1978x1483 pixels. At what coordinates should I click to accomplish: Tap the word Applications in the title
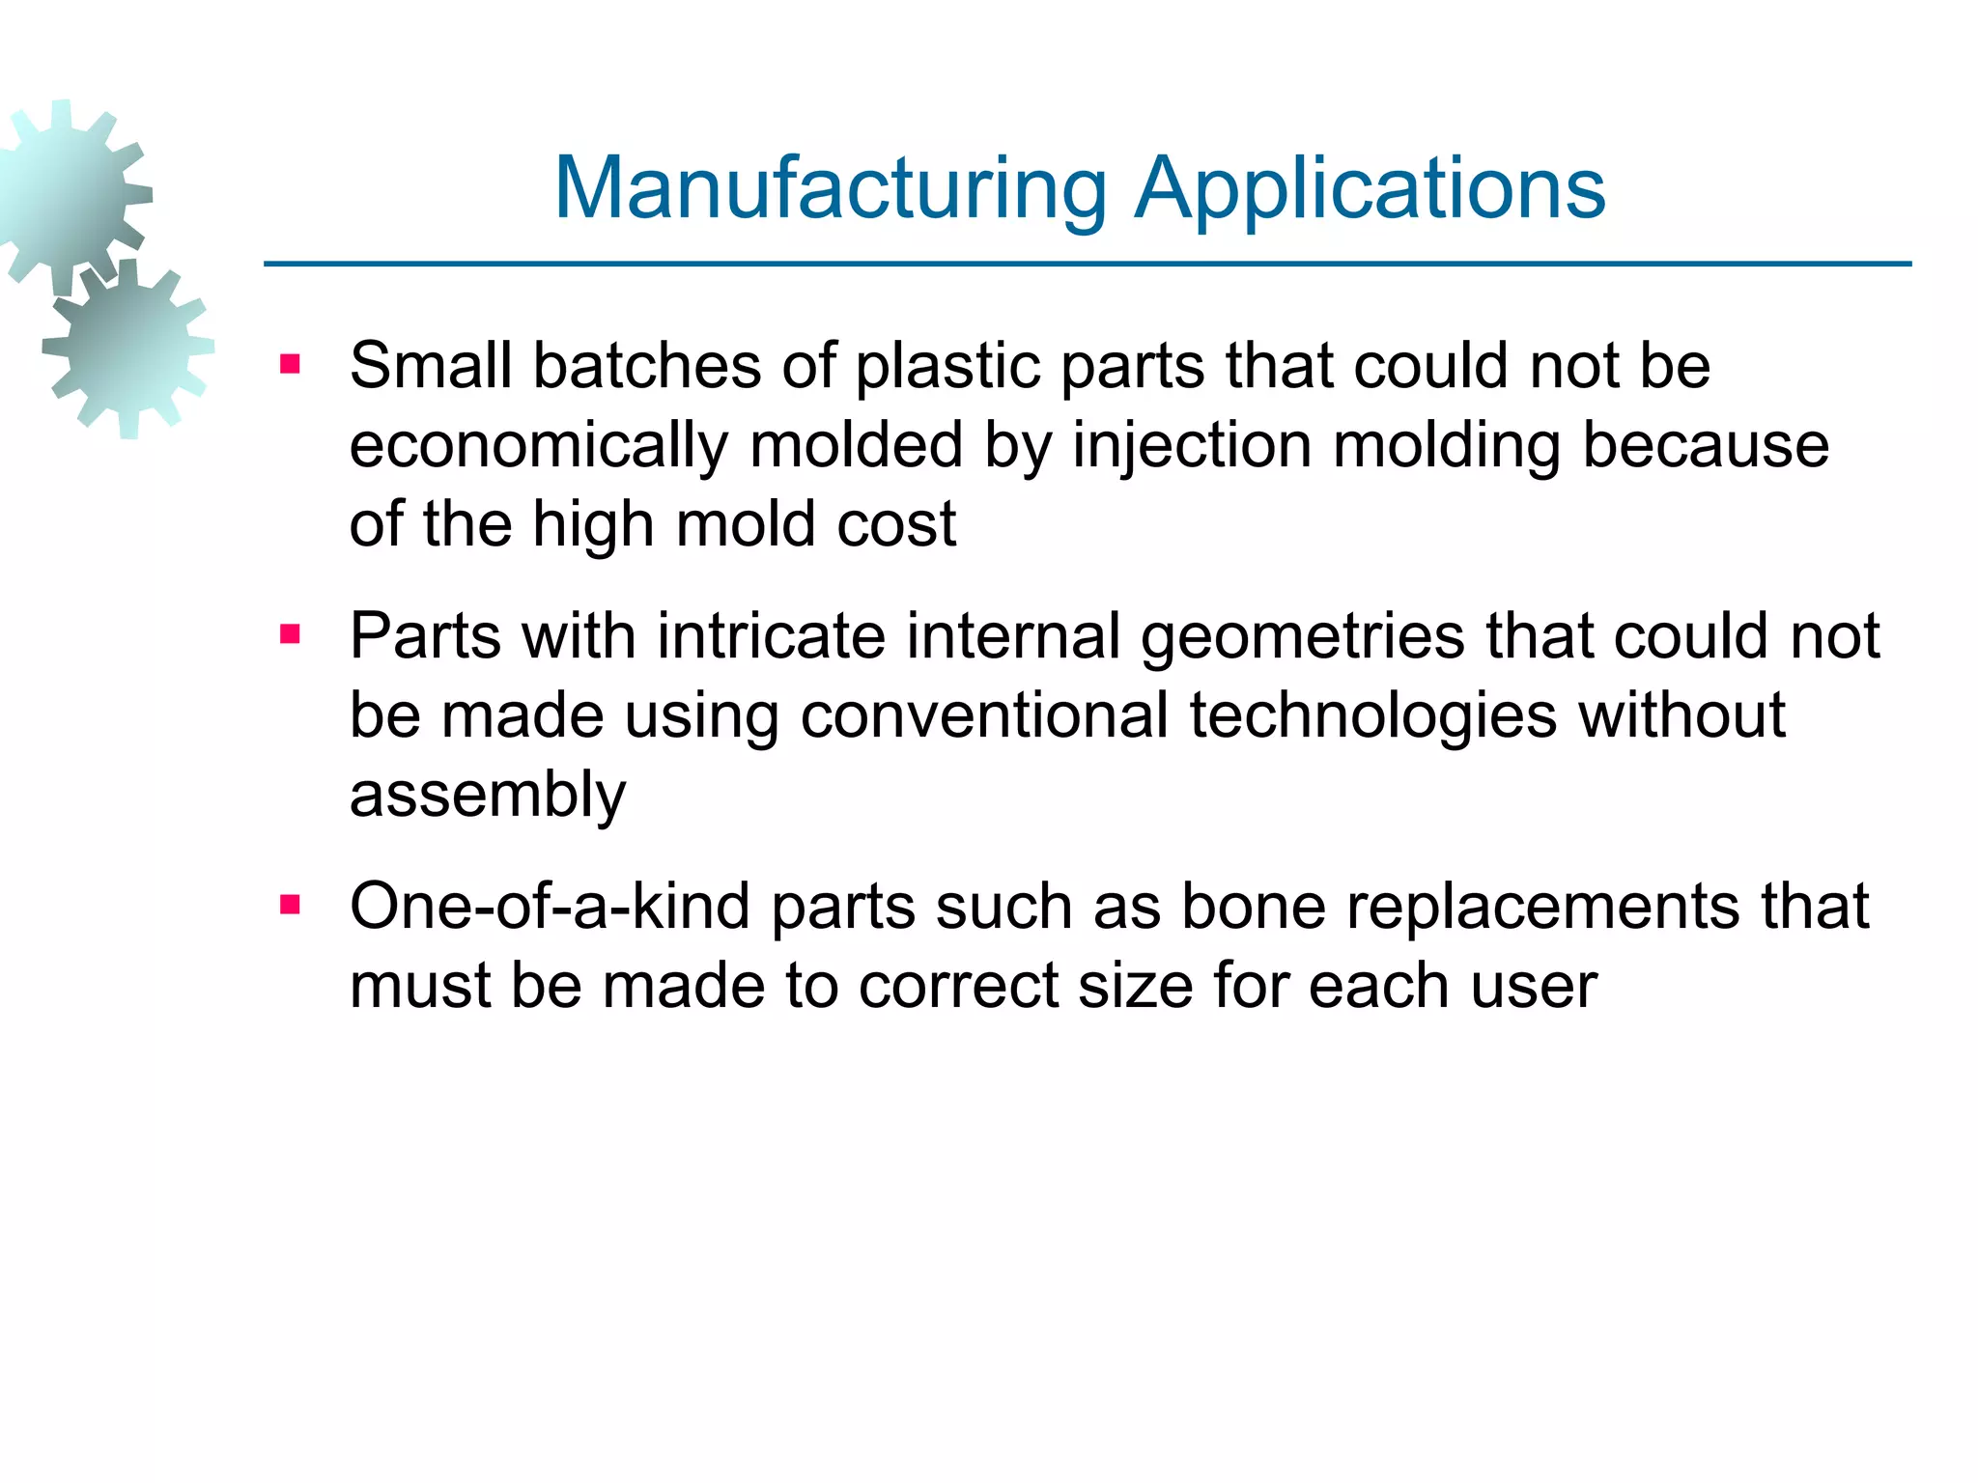pyautogui.click(x=1370, y=190)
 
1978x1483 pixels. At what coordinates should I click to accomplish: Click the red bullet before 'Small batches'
pyautogui.click(x=290, y=365)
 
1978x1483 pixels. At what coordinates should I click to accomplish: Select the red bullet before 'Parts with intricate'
pyautogui.click(x=290, y=635)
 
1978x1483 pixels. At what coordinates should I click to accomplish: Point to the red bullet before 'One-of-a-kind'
pyautogui.click(x=290, y=906)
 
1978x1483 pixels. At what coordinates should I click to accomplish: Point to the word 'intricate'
pyautogui.click(x=771, y=637)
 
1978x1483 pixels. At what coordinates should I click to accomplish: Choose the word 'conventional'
pyautogui.click(x=984, y=716)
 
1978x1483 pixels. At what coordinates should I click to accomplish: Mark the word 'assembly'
pyautogui.click(x=488, y=797)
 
